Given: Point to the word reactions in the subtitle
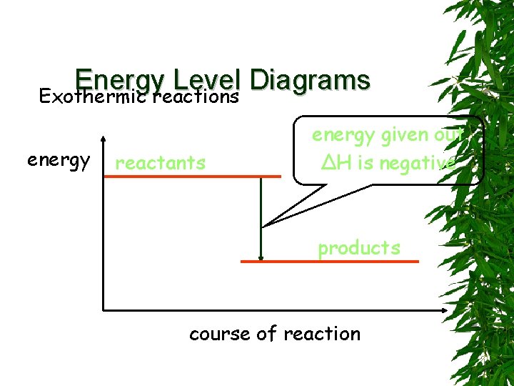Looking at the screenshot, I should [193, 96].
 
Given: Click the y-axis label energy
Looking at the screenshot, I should [59, 160].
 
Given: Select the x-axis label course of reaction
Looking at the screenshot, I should [275, 334].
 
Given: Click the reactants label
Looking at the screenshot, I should [160, 163].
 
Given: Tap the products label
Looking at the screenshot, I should [359, 248].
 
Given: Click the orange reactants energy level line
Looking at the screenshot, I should [193, 175].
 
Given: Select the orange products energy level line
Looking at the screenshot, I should [329, 262].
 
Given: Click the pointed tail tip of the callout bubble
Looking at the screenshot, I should [264, 226].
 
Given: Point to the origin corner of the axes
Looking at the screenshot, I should [104, 310].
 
